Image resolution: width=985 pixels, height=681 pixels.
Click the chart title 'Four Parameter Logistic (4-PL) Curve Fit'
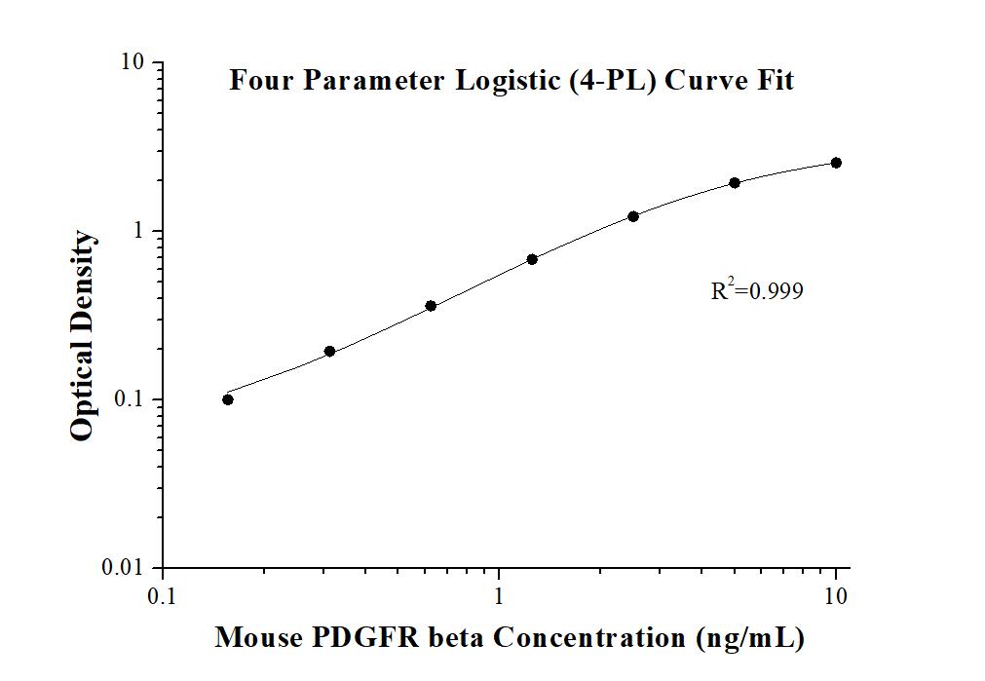coord(511,80)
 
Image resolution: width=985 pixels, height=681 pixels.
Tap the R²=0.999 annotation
coord(757,289)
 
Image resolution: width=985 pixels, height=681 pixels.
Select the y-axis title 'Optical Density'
coord(84,336)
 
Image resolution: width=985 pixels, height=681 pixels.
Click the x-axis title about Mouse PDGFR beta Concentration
coord(510,638)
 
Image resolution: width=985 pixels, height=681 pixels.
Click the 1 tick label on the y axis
coord(138,231)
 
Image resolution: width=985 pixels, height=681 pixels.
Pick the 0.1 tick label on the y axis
coord(129,399)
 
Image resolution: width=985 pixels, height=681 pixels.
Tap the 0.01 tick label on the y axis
coord(124,568)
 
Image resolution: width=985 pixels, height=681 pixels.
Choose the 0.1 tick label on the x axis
coord(163,594)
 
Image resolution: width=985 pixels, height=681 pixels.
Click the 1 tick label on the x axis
coord(500,594)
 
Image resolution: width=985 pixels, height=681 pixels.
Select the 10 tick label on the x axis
coord(835,594)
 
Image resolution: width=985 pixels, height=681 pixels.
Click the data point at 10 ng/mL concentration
coord(836,163)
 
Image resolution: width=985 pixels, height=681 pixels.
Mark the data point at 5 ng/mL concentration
coord(735,182)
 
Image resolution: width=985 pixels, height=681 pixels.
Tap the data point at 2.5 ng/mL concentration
coord(633,216)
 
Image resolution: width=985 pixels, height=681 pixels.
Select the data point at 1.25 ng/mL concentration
coord(532,259)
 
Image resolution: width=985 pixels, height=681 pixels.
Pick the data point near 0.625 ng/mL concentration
coord(431,306)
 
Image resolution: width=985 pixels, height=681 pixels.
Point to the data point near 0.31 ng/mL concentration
coord(329,352)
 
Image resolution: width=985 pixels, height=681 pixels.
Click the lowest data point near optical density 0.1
coord(228,399)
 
